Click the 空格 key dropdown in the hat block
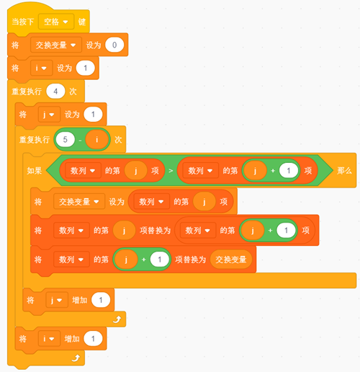coord(56,22)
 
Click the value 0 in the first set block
coord(114,45)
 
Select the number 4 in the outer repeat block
coord(55,92)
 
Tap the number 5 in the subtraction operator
coord(65,140)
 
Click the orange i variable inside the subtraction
coord(96,140)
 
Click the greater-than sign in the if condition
coord(171,171)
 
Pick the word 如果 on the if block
coord(35,171)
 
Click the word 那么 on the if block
coord(344,171)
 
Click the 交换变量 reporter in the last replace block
coord(231,260)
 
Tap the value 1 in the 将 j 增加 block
coord(101,300)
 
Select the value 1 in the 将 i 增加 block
coord(93,339)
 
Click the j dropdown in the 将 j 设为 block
coord(48,115)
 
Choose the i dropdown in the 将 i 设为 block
coord(41,68)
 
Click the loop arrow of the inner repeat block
coord(117,319)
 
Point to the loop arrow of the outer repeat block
coord(76,358)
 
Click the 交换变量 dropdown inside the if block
coord(79,201)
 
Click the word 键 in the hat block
coord(82,22)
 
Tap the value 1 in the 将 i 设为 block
coord(86,68)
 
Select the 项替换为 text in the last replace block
coord(191,260)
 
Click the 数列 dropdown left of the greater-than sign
coord(83,171)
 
